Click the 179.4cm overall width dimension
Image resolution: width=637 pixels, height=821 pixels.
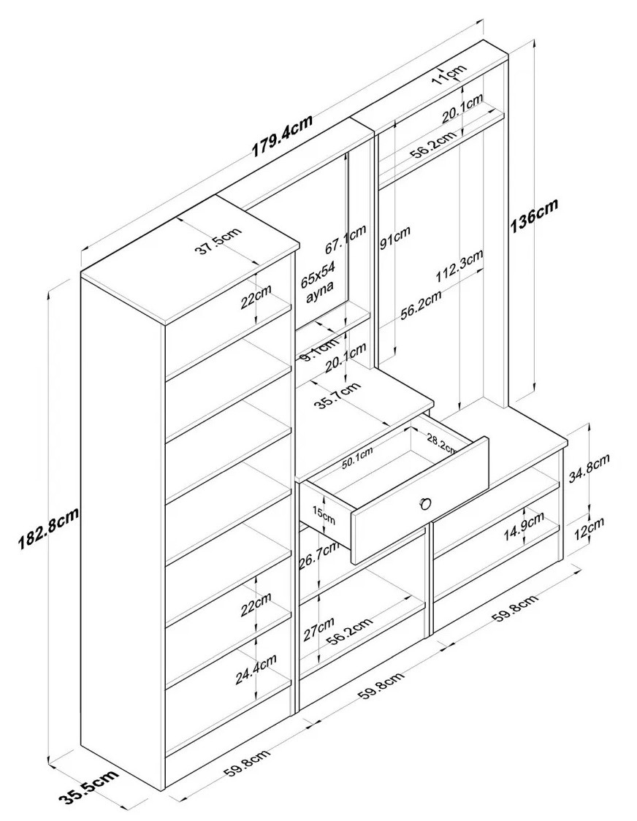[x=283, y=137]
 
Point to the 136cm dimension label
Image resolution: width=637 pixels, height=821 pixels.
[x=533, y=215]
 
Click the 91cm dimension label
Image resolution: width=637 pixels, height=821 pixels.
[x=395, y=237]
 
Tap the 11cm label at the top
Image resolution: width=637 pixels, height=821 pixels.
[x=448, y=74]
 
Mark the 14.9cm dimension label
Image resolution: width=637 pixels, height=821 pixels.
[x=525, y=528]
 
